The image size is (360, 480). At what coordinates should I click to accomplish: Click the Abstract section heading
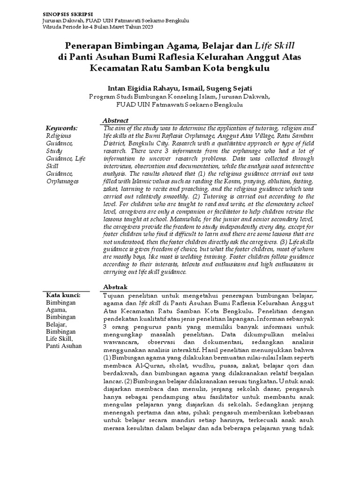[115, 120]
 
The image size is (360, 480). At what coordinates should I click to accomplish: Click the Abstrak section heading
[115, 286]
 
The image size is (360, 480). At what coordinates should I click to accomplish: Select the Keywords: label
[61, 128]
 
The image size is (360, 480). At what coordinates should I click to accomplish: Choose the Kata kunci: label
[63, 295]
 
